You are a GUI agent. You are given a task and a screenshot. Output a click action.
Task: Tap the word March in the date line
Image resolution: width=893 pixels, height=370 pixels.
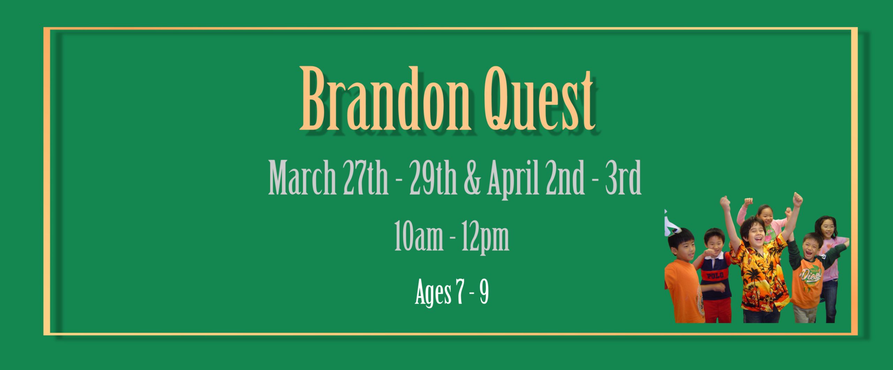(302, 178)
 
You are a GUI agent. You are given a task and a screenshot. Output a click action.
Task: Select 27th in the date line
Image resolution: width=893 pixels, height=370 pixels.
(365, 178)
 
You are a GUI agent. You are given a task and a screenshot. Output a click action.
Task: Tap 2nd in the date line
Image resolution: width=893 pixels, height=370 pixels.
(565, 178)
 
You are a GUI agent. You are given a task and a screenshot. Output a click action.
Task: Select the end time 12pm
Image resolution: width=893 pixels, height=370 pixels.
(485, 238)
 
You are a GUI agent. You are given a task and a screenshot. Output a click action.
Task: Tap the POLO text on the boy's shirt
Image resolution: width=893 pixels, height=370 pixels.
(715, 276)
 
